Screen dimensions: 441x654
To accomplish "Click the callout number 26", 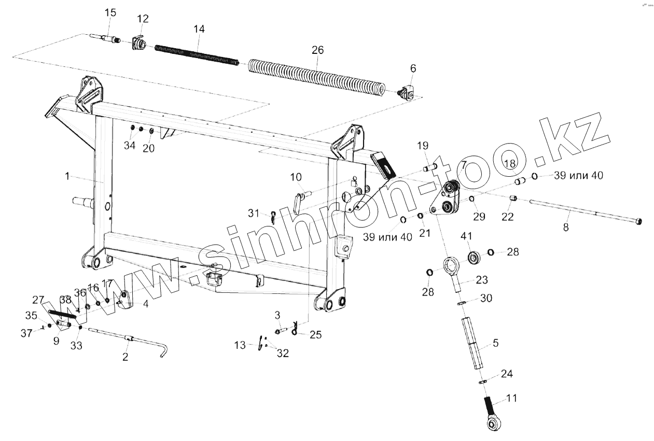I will coord(317,50).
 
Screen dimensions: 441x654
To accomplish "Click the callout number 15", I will coord(110,12).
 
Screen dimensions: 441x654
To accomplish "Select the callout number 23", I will coord(482,280).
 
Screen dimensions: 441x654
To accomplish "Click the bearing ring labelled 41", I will coord(473,257).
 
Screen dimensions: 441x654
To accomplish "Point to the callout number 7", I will coord(463,165).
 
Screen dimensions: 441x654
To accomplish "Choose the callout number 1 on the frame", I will coord(67,176).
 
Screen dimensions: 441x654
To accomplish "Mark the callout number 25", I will coord(315,335).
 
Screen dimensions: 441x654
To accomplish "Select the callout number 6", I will coord(413,68).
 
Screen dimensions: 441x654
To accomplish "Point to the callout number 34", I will coord(129,146).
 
